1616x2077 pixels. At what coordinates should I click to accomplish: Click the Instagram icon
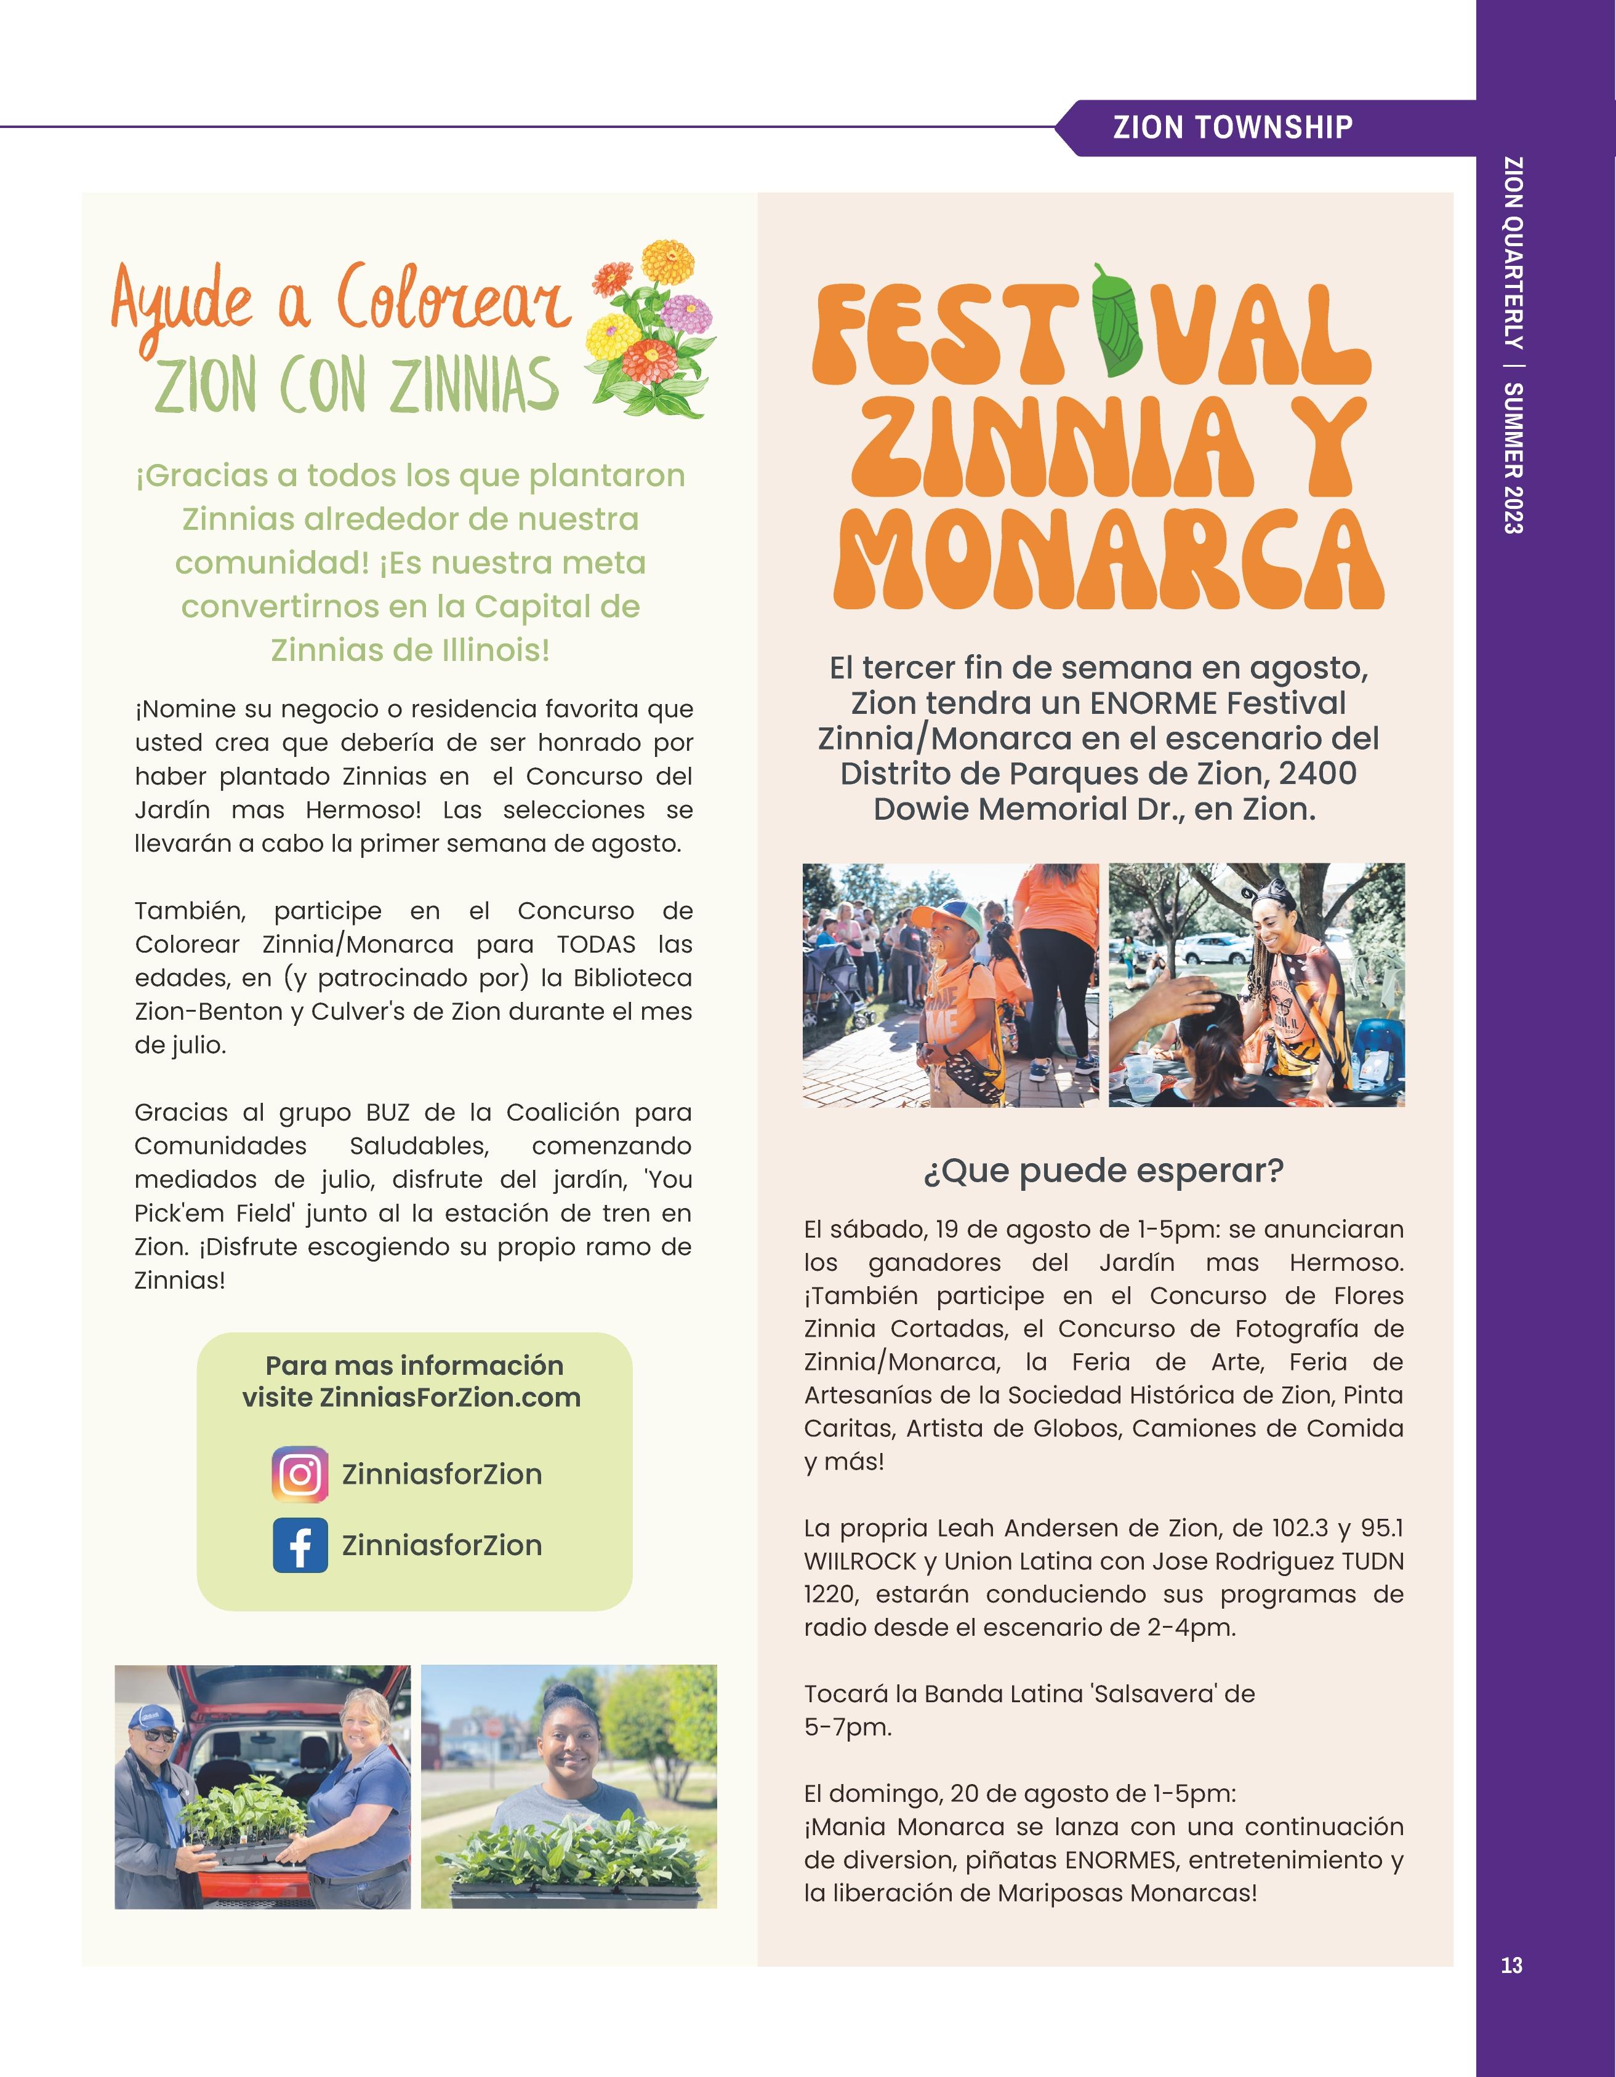coord(300,1474)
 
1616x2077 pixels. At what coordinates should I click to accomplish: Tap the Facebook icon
coord(300,1545)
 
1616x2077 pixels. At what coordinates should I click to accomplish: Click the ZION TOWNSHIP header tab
coord(1232,127)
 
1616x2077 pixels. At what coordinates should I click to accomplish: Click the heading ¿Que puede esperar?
coord(1103,1170)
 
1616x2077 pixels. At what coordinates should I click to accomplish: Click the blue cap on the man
coord(151,1716)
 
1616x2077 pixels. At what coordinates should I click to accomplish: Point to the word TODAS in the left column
coord(595,945)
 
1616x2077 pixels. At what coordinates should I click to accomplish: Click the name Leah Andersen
coord(1014,1528)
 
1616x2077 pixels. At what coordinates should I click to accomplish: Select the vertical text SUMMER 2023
coord(1513,457)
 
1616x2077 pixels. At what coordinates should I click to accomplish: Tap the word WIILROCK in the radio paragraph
coord(860,1561)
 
